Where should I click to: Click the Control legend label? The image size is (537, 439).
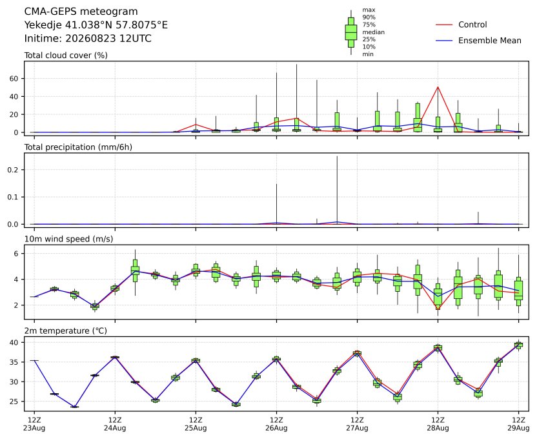pos(472,25)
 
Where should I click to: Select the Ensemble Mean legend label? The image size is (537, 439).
pos(490,41)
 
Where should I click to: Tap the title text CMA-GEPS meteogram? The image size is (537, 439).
pos(81,12)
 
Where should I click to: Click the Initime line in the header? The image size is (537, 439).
pos(88,38)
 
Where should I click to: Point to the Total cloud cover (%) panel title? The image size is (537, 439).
pos(66,56)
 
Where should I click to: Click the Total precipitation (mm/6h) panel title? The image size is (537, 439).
pos(78,147)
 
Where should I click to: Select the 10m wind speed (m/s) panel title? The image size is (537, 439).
pos(68,239)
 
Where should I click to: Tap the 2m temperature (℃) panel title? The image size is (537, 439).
pos(65,331)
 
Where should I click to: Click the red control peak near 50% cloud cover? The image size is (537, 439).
pos(438,87)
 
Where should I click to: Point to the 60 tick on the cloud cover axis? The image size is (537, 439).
pos(14,79)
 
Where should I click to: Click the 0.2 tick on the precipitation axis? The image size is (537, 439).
pos(13,170)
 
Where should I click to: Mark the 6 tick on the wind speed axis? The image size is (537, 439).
pos(15,254)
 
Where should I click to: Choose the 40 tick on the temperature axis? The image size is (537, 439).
pos(14,342)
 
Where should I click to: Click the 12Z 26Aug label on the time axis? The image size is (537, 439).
pos(276,424)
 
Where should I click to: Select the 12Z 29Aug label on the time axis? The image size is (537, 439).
pos(518,424)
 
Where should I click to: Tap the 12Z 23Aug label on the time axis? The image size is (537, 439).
pos(34,424)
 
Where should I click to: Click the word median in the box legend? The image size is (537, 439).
pos(373,32)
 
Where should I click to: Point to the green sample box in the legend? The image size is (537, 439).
pos(351,32)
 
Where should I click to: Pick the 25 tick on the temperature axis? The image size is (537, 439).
pos(14,402)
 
